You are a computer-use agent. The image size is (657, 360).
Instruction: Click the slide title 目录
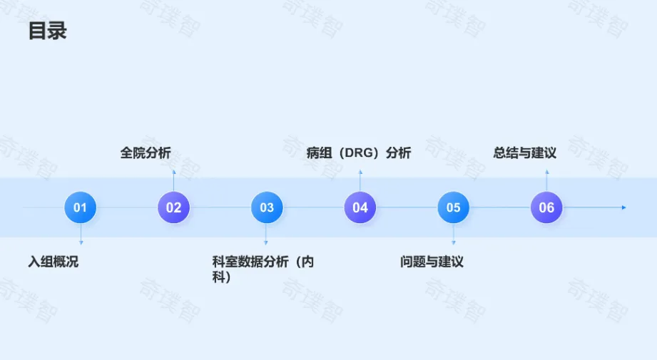point(47,31)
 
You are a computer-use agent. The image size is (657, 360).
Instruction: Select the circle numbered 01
point(80,207)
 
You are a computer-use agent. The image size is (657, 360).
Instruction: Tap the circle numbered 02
point(173,207)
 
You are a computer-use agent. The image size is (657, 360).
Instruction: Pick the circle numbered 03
point(267,207)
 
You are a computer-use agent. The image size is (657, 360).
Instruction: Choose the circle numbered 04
point(360,207)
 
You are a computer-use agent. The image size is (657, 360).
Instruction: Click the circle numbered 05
point(454,207)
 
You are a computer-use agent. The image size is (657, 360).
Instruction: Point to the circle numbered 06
point(546,207)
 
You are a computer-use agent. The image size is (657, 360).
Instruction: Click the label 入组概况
point(54,262)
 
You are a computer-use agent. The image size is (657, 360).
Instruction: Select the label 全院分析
point(146,153)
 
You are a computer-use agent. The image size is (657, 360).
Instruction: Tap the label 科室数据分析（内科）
point(263,269)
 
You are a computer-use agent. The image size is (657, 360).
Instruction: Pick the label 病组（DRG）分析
point(359,153)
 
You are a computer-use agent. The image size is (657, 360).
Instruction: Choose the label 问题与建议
point(432,262)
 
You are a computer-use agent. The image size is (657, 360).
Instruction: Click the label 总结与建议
point(525,153)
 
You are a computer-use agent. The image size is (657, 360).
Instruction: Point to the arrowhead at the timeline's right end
point(623,207)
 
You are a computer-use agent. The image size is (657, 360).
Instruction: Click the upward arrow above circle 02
point(173,173)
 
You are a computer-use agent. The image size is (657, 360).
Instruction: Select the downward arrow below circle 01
point(81,242)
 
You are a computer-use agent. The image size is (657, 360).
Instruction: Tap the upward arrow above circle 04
point(360,173)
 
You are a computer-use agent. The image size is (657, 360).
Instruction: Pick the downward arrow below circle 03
point(266,242)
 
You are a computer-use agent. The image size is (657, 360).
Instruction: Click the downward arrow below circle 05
point(454,242)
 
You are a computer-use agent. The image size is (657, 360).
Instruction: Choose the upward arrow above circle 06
point(546,173)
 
